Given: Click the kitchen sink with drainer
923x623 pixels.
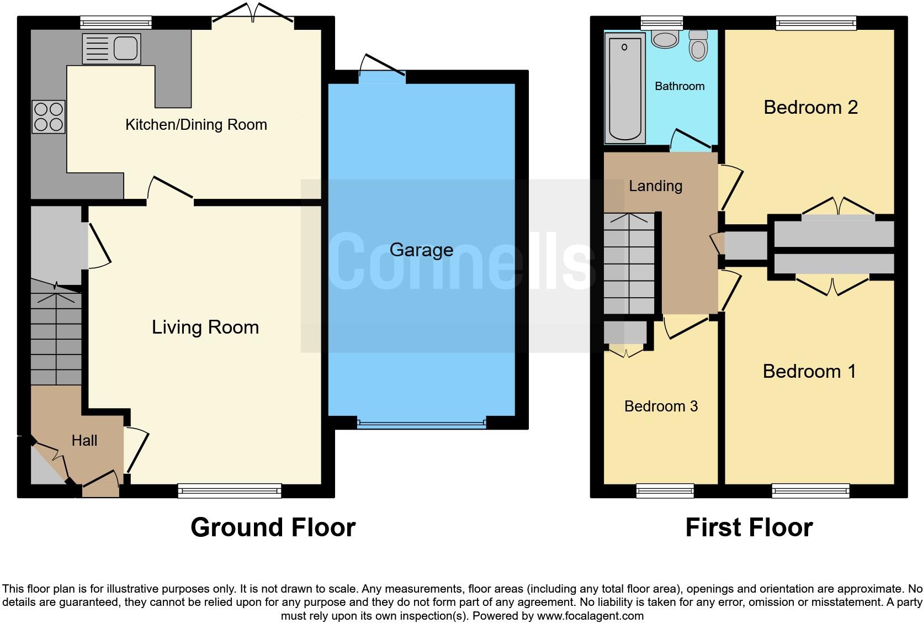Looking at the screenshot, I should [111, 48].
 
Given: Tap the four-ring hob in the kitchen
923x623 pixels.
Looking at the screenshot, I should [49, 117].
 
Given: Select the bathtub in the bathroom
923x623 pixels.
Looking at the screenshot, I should [625, 87].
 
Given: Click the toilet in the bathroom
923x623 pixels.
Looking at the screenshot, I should [698, 45].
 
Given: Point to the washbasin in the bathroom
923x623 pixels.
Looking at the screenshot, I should [665, 39].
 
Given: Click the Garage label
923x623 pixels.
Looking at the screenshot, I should [421, 250].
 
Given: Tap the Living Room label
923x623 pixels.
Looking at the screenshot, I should [205, 327].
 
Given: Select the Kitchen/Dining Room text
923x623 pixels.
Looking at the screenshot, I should [196, 124].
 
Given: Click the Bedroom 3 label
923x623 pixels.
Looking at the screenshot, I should [661, 406].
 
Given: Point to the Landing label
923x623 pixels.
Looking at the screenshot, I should [655, 186].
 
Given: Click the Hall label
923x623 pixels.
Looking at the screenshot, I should [84, 440].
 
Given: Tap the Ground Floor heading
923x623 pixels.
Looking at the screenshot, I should [273, 527].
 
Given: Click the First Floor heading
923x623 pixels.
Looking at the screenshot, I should [749, 527].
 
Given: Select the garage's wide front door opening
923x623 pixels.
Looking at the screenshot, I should [422, 424].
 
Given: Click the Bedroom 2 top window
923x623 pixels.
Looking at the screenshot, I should [815, 23].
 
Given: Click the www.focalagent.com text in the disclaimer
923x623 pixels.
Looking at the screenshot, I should [590, 615].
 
